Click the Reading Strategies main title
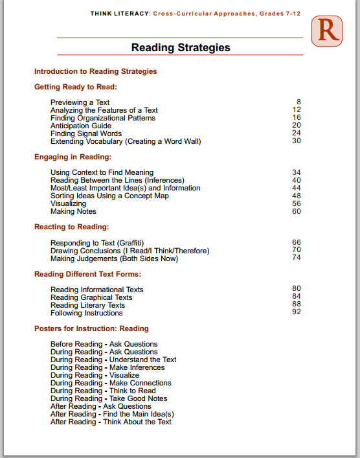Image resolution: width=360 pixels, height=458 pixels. (181, 47)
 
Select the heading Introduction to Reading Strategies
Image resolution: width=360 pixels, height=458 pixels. (95, 71)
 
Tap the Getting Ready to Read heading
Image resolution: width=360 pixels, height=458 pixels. (75, 87)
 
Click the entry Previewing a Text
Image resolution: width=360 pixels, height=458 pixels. (80, 102)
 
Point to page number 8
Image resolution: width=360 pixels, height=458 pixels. (298, 102)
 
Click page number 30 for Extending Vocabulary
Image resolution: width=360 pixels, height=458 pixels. (297, 141)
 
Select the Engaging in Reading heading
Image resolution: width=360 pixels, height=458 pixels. (73, 157)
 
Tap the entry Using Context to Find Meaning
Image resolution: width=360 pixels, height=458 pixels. (102, 172)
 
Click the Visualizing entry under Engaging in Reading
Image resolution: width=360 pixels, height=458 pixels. (68, 203)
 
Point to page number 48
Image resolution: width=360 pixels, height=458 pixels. (297, 196)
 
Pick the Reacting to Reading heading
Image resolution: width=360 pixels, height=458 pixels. (71, 227)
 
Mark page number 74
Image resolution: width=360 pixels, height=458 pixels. (297, 258)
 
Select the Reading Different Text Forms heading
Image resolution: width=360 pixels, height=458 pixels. (87, 274)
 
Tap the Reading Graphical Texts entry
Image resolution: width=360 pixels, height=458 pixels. (91, 297)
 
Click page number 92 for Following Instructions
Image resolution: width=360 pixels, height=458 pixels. (297, 312)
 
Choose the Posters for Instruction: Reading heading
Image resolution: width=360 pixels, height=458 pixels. (91, 328)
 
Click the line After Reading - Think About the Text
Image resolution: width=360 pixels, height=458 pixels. (111, 422)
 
